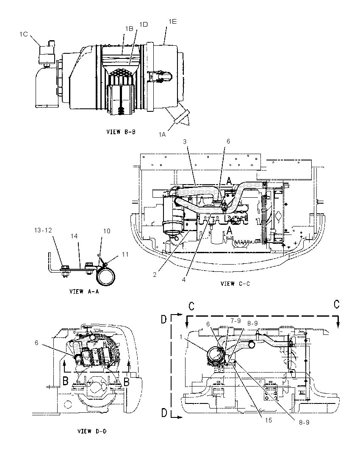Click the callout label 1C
(24, 34)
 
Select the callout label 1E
(172, 21)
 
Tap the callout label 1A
(162, 134)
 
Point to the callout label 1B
(129, 28)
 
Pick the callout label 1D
(143, 24)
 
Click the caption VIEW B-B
(121, 132)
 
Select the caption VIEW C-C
(235, 284)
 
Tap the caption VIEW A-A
(84, 291)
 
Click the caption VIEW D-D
(92, 431)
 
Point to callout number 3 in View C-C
(185, 141)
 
